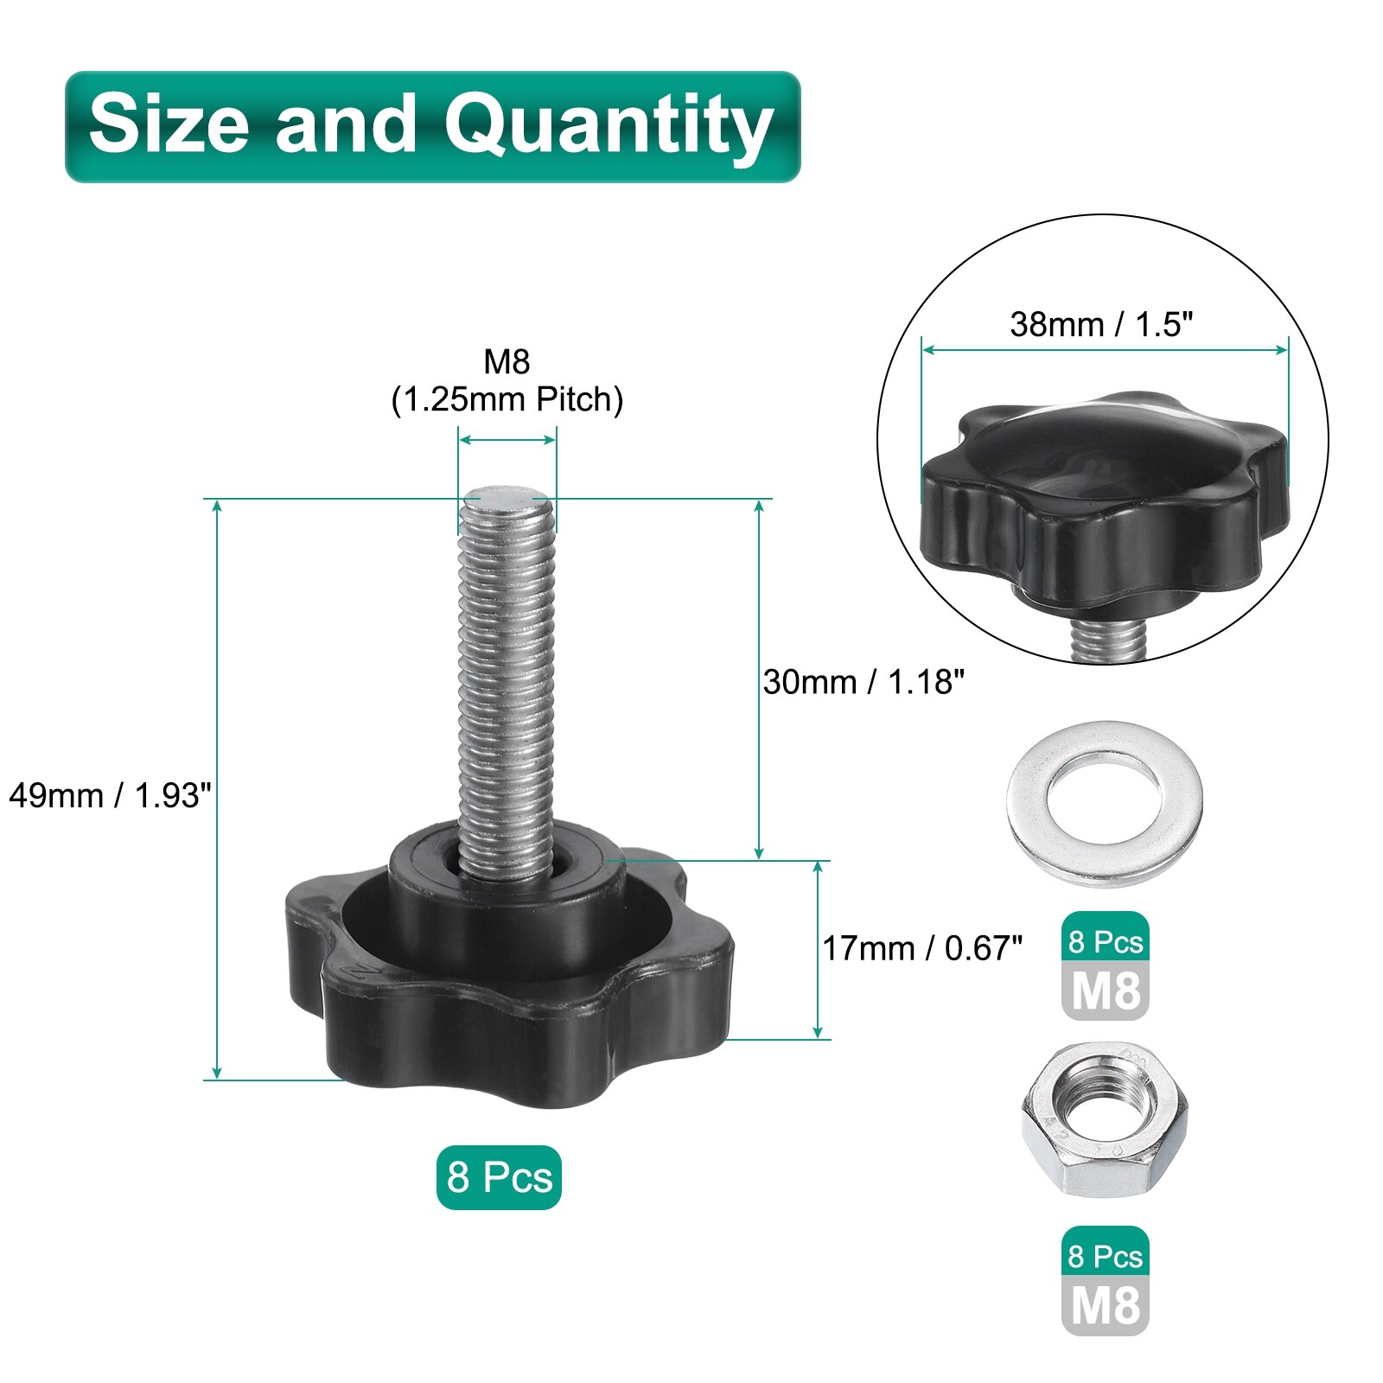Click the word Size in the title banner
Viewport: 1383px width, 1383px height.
[169, 124]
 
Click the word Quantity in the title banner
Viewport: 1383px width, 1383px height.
[609, 128]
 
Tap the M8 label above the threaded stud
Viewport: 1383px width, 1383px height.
[507, 362]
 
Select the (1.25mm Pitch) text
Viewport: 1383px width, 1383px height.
[507, 400]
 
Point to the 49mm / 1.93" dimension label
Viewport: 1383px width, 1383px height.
[110, 795]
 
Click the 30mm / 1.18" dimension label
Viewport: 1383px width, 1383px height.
[864, 682]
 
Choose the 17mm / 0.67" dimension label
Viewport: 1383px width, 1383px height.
[922, 948]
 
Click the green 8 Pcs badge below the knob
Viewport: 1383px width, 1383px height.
[499, 1177]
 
